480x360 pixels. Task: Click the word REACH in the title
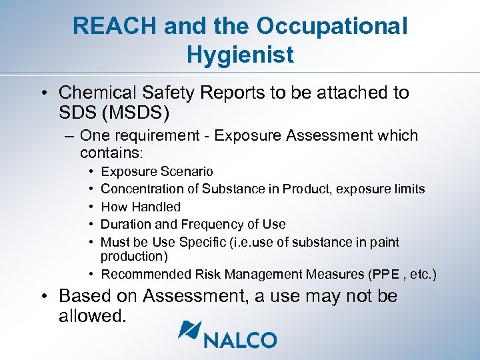[114, 26]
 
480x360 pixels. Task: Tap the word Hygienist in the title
[240, 55]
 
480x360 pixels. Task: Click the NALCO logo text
[241, 339]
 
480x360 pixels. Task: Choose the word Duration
[126, 224]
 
